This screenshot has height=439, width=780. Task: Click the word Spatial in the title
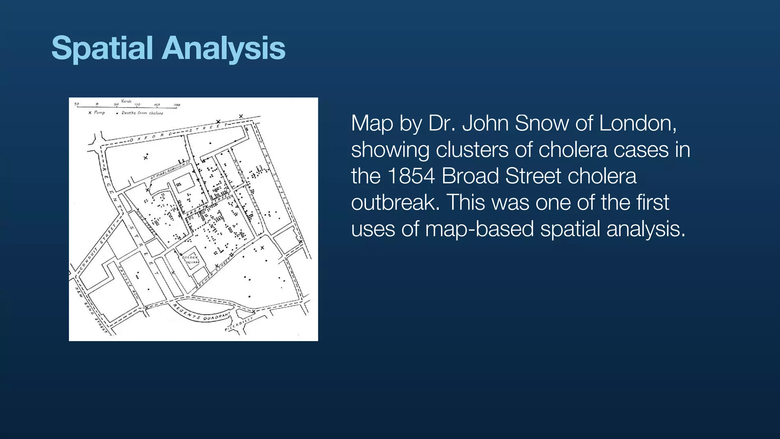pos(102,49)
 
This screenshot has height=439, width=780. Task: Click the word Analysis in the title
pos(224,49)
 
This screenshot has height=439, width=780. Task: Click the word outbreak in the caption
pos(395,202)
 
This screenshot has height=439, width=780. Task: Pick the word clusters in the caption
pos(472,150)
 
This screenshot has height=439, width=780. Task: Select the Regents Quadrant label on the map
pos(202,313)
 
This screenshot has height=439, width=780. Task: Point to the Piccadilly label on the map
pos(239,324)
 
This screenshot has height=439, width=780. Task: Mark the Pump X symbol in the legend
pos(90,113)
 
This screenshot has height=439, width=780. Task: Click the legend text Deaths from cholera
pos(142,113)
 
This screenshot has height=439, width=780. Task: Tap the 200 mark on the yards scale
pos(177,105)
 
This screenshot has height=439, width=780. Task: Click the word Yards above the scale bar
pos(126,101)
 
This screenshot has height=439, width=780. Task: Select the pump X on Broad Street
pos(206,207)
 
